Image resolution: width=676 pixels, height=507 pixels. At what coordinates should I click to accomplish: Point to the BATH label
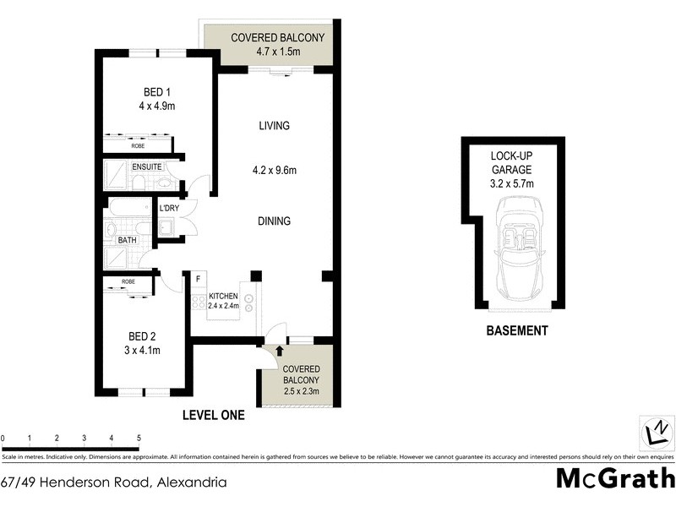pos(128,240)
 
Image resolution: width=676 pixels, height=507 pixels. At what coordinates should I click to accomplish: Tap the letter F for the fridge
pos(198,278)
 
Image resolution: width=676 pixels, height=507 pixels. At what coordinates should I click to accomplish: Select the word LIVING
pos(274,126)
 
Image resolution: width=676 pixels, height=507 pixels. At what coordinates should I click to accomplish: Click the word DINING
pos(274,221)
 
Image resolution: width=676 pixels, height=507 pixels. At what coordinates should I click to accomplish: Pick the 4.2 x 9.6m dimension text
pos(274,171)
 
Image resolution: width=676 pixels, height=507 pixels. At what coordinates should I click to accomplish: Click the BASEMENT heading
pos(517,331)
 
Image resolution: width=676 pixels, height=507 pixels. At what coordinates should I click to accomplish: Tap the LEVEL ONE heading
pos(214,415)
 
